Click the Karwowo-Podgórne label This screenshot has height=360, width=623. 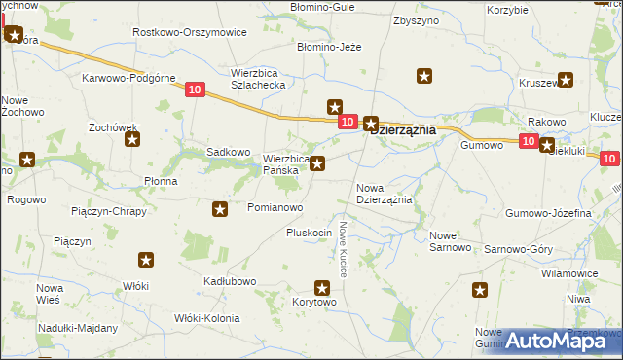pos(128,78)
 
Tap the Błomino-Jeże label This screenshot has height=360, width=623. pos(330,46)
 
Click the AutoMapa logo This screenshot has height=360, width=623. pos(556,340)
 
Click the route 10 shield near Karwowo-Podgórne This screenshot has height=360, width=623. pos(194,90)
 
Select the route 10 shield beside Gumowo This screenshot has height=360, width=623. pos(528,142)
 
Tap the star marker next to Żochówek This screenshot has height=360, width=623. pos(132,139)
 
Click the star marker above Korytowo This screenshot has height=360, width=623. pos(323,287)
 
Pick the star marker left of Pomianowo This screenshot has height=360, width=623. pos(221,208)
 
